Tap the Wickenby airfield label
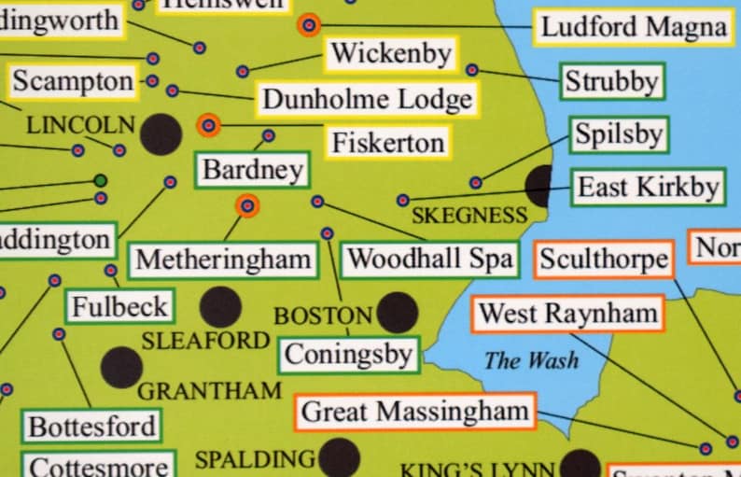[x=391, y=54]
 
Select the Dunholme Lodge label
[x=367, y=99]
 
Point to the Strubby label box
[x=612, y=82]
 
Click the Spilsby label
[x=618, y=135]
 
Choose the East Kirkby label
[x=648, y=188]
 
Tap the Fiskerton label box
[x=387, y=143]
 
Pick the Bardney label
[x=253, y=170]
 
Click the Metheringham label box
[x=223, y=259]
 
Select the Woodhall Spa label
[x=430, y=259]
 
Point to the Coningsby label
[x=348, y=355]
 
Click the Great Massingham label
[x=415, y=412]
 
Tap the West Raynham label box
[x=568, y=314]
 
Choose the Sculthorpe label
[x=604, y=259]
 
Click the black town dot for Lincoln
[x=161, y=134]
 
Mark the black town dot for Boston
[x=397, y=312]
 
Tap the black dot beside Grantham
[x=121, y=367]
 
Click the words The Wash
[x=531, y=360]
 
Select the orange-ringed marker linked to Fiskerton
[x=209, y=125]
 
